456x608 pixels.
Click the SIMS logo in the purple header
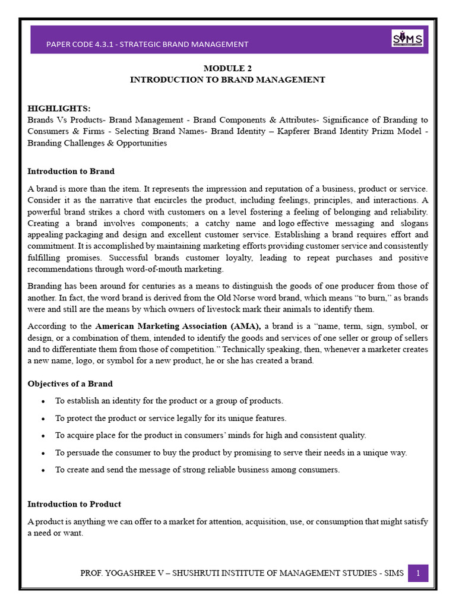coord(407,39)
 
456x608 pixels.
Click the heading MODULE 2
coord(227,68)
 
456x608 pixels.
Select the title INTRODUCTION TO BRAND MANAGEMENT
coord(227,80)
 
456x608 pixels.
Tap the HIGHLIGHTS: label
coord(59,109)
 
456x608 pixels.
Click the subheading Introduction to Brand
coord(71,172)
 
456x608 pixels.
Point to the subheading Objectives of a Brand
coord(70,384)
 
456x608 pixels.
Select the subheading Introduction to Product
coord(74,504)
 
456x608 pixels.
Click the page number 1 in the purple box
coord(418,573)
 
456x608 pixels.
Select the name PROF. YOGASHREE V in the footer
coord(119,573)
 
